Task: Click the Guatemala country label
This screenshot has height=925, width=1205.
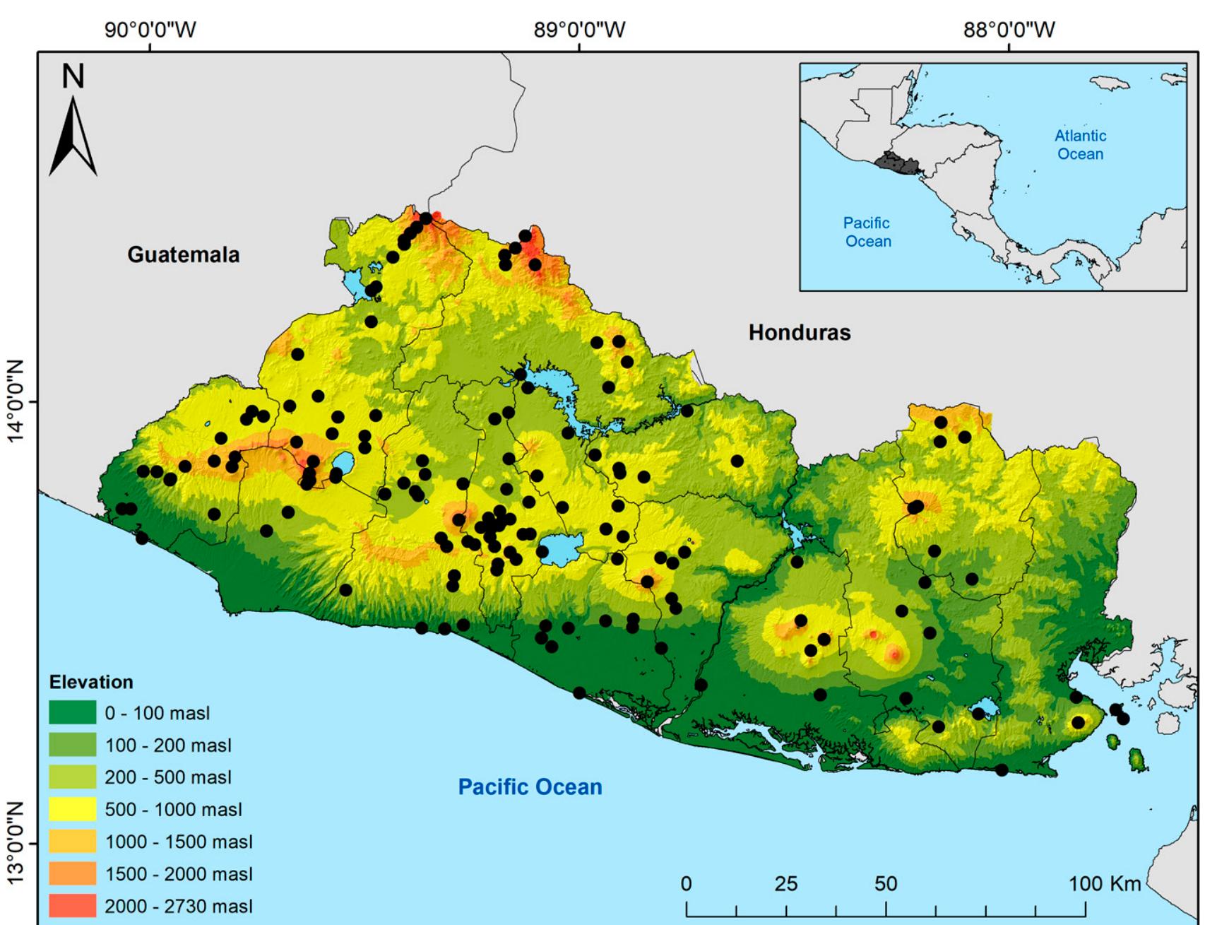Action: (x=183, y=255)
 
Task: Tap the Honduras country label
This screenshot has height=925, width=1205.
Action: (x=799, y=333)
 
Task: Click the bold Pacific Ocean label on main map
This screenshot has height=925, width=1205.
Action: (x=530, y=787)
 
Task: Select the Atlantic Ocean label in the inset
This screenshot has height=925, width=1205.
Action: (x=1080, y=145)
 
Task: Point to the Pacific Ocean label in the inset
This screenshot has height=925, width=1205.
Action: (x=867, y=232)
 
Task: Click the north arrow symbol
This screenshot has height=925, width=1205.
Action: (x=73, y=138)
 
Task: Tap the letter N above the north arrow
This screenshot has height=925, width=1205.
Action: (x=73, y=76)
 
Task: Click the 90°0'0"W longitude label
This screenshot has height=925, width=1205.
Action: (x=150, y=30)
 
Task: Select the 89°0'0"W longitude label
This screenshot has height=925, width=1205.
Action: (x=579, y=30)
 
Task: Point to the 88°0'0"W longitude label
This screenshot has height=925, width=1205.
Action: (x=1009, y=30)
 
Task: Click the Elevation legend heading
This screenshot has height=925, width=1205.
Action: (x=91, y=683)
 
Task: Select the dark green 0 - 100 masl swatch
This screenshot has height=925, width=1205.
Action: (x=72, y=712)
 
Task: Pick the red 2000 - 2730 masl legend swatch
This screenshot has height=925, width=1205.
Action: (x=72, y=906)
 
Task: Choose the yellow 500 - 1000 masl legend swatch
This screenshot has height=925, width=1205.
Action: (x=72, y=809)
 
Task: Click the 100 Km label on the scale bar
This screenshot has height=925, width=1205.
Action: (x=1104, y=884)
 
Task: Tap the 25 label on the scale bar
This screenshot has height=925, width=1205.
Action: (x=785, y=884)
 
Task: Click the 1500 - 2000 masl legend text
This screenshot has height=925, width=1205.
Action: (x=179, y=874)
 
